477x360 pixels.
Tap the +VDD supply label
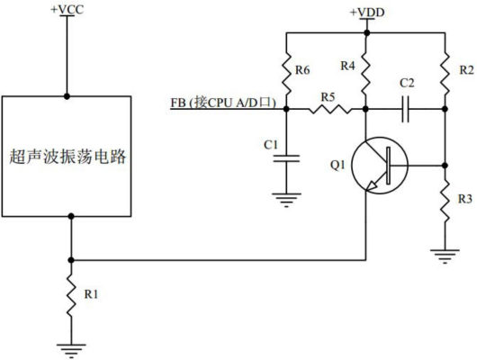coord(365,11)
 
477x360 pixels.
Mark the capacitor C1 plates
coord(285,158)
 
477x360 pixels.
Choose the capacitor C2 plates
coord(406,110)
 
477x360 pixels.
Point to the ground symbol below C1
coord(285,200)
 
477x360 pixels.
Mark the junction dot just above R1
coord(69,260)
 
